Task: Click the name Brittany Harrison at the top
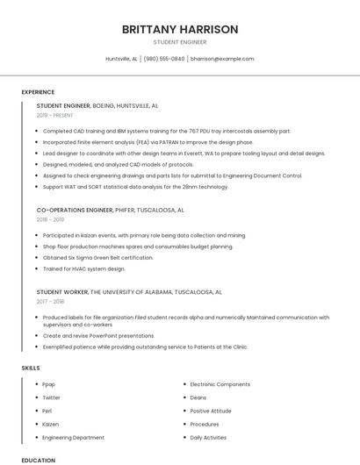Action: [x=180, y=29]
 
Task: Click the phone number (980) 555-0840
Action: [x=164, y=59]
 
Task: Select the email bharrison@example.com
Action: [x=222, y=59]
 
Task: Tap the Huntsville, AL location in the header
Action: [x=122, y=59]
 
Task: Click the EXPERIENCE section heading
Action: [x=38, y=92]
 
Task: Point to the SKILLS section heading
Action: [x=31, y=368]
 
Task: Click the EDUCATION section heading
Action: [x=38, y=460]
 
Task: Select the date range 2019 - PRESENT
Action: [x=56, y=115]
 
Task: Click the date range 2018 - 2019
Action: [x=51, y=220]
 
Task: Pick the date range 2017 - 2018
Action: [x=51, y=301]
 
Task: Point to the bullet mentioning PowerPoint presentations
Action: [x=97, y=335]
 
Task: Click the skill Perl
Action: [x=47, y=411]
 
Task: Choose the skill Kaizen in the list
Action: [x=50, y=424]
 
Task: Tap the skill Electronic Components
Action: [x=220, y=384]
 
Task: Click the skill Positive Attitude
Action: [x=211, y=411]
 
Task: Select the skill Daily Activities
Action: [x=208, y=437]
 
